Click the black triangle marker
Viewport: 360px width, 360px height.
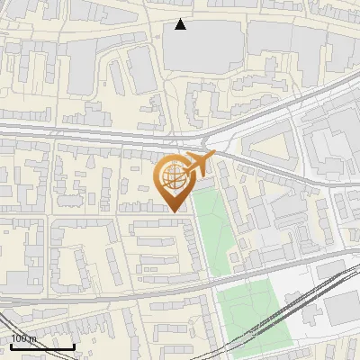tap(181, 24)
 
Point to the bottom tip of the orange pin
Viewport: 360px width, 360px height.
tap(175, 211)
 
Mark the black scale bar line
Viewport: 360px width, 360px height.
tap(42, 346)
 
